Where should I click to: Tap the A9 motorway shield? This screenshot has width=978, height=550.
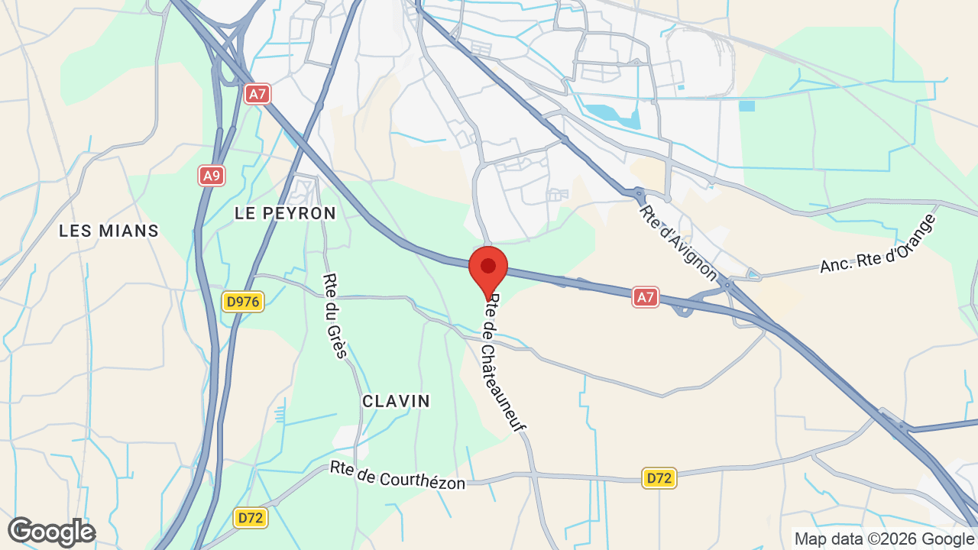pyautogui.click(x=212, y=176)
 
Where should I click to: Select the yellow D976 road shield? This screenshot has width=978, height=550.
pyautogui.click(x=243, y=302)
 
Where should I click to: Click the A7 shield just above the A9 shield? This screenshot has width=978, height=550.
pyautogui.click(x=257, y=94)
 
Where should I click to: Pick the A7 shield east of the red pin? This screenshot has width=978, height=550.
pyautogui.click(x=646, y=297)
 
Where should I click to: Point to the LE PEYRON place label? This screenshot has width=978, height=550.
pyautogui.click(x=285, y=213)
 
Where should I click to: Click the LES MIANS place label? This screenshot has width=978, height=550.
pyautogui.click(x=108, y=230)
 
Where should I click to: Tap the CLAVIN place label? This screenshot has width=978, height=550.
pyautogui.click(x=396, y=400)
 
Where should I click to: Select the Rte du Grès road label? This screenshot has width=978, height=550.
pyautogui.click(x=335, y=315)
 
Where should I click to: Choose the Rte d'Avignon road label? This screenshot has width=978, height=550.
pyautogui.click(x=678, y=243)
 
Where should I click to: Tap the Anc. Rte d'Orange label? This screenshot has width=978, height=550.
pyautogui.click(x=878, y=244)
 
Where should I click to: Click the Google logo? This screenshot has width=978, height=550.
pyautogui.click(x=51, y=532)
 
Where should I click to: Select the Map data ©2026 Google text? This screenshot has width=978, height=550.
pyautogui.click(x=884, y=539)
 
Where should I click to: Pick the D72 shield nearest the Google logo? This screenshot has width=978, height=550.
pyautogui.click(x=251, y=518)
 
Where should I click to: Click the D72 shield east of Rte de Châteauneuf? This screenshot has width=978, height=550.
pyautogui.click(x=659, y=478)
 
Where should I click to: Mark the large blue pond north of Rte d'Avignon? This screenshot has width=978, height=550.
pyautogui.click(x=611, y=115)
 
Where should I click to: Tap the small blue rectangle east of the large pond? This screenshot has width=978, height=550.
pyautogui.click(x=746, y=106)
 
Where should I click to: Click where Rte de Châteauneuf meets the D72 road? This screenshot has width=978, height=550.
pyautogui.click(x=534, y=475)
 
